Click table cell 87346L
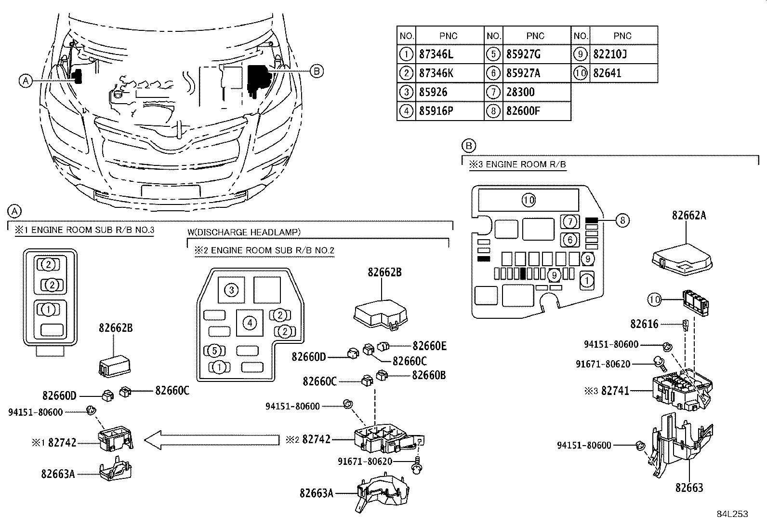click(436, 54)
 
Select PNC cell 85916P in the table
click(436, 111)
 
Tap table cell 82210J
click(610, 54)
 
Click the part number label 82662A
click(689, 216)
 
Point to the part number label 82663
click(689, 488)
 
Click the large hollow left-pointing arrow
click(212, 439)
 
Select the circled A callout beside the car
click(26, 81)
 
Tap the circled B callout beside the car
click(316, 71)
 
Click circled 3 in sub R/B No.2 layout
click(231, 290)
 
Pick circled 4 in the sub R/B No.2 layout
click(249, 323)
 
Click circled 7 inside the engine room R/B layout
click(570, 222)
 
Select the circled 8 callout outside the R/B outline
click(622, 220)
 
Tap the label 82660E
click(429, 346)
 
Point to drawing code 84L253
click(732, 514)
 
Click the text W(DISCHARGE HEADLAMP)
click(244, 232)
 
